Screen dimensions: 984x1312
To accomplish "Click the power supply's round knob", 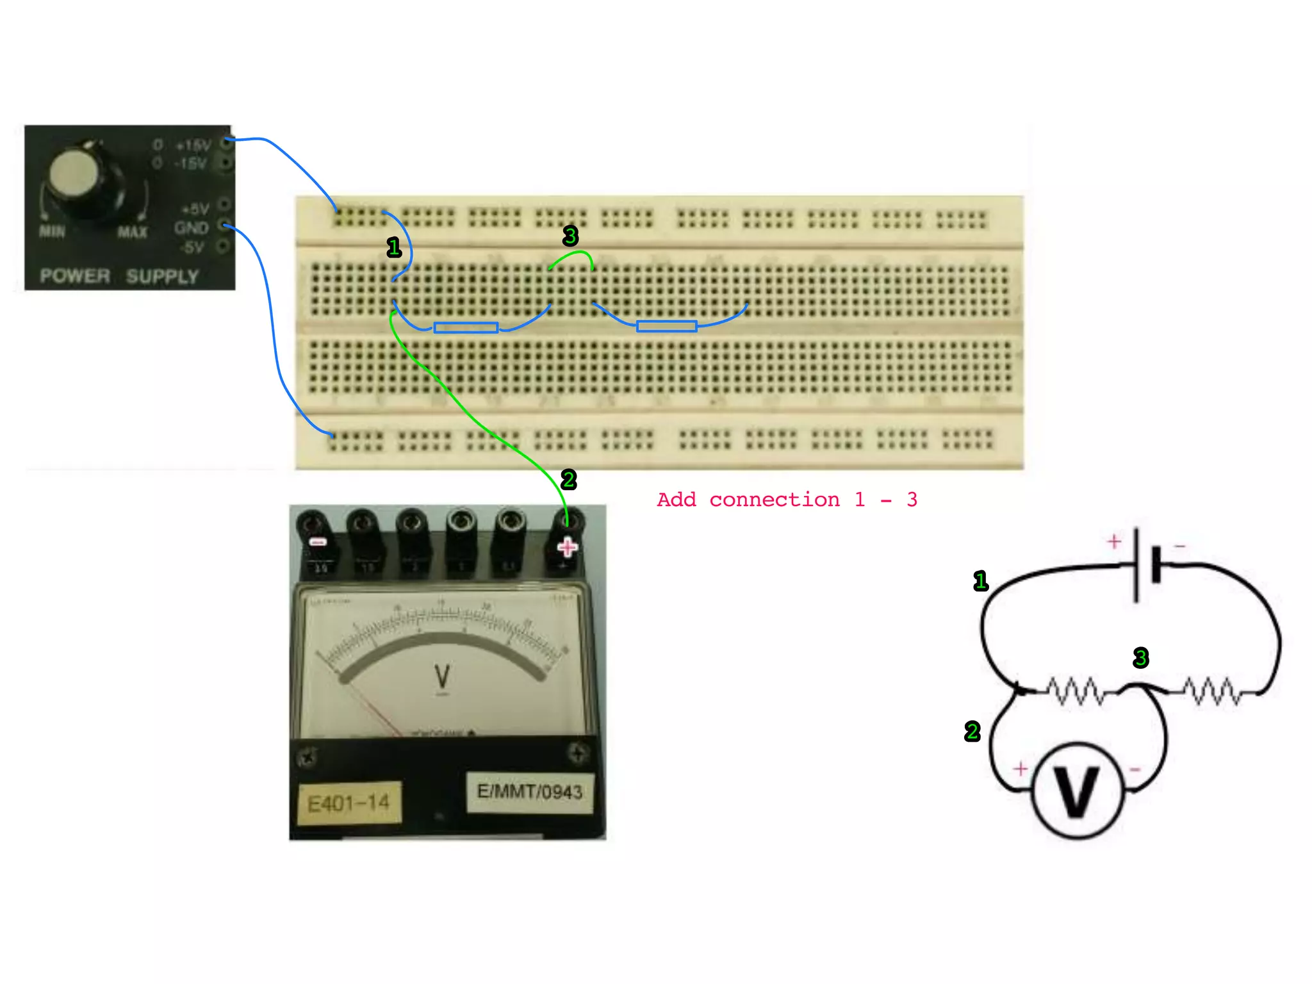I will tap(76, 175).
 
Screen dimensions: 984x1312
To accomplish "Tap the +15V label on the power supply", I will tap(193, 145).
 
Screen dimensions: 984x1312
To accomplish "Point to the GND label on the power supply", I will tap(191, 227).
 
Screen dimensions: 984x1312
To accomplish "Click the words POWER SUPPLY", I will tap(119, 276).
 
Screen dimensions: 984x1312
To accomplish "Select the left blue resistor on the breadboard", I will tap(466, 327).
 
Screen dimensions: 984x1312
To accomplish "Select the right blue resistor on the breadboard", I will tap(666, 326).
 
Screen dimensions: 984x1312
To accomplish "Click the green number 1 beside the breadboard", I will tap(394, 247).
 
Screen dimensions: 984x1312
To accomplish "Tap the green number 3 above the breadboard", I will tap(570, 236).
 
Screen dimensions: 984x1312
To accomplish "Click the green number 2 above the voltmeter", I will tap(568, 479).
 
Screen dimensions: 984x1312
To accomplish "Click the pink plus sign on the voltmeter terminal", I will tap(567, 547).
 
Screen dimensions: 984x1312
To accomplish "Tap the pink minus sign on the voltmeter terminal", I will tap(318, 542).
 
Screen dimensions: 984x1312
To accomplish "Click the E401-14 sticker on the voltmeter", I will tap(349, 803).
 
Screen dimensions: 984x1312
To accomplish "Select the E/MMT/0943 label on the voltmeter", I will tap(530, 792).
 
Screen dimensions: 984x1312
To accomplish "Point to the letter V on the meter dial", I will tap(442, 676).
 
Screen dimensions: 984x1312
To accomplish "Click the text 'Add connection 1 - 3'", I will tap(787, 500).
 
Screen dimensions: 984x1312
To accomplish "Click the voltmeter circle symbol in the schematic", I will tap(1078, 791).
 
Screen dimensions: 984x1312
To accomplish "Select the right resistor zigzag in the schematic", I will tap(1211, 691).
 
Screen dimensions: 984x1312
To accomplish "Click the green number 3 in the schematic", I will tap(1140, 657).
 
